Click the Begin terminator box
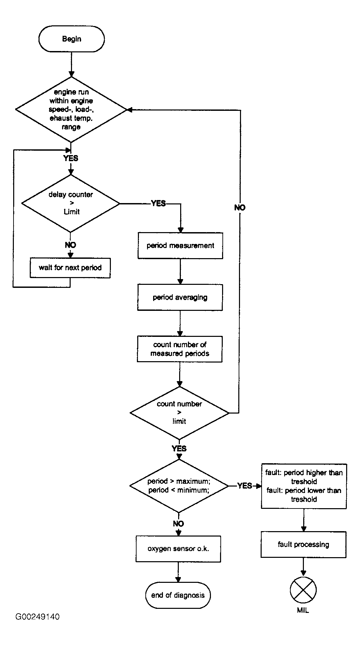click(72, 39)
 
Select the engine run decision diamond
click(71, 109)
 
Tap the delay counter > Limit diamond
click(71, 203)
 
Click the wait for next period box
click(70, 268)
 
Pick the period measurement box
click(180, 246)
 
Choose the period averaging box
click(180, 297)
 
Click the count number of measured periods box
click(179, 349)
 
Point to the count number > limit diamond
click(179, 413)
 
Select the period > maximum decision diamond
click(179, 486)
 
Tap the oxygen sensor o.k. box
click(178, 549)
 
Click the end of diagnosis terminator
click(178, 595)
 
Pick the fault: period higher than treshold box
click(304, 486)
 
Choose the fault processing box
click(304, 544)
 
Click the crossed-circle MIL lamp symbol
click(303, 590)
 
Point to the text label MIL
click(303, 611)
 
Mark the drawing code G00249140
click(38, 617)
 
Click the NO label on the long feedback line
click(240, 207)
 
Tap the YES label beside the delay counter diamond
click(159, 203)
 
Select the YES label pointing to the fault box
click(245, 486)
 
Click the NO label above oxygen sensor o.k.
click(178, 523)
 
